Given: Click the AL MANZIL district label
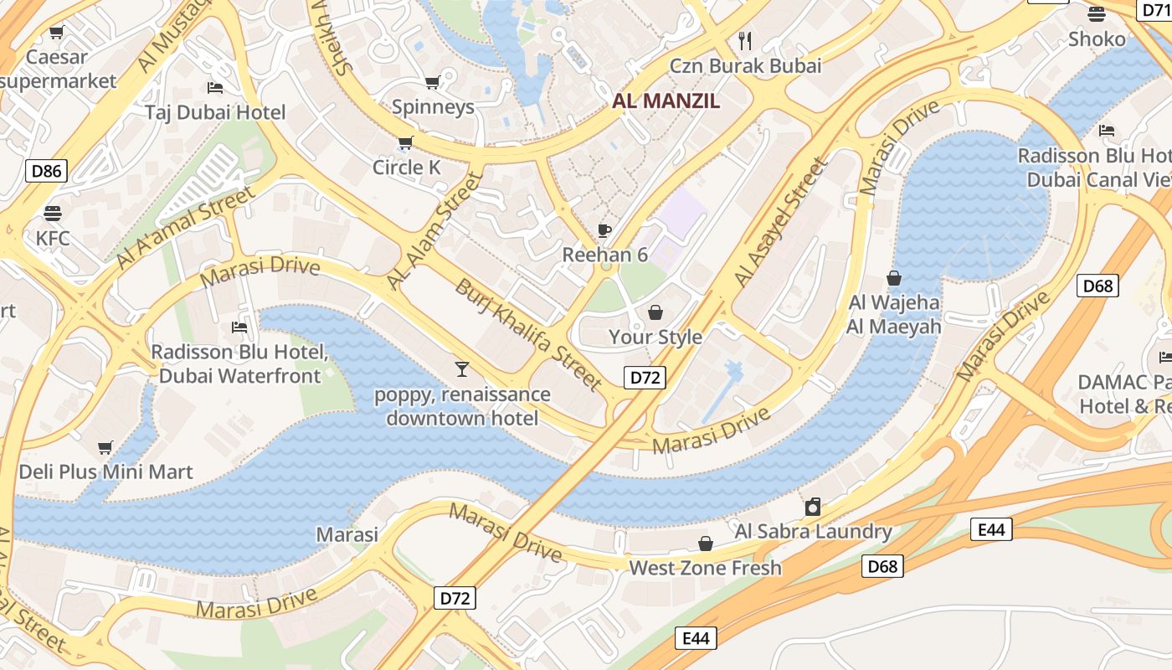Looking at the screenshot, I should pos(666,101).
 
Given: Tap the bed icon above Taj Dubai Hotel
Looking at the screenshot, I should pos(215,88).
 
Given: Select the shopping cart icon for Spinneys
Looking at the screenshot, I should pos(433,82).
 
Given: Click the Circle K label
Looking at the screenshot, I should pos(406,167).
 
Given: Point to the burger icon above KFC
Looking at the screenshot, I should pos(53,213).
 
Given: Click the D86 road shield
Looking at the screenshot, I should pos(46,172).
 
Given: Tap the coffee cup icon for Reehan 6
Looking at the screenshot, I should pos(604,230).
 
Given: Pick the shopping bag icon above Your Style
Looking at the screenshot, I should pos(655,312).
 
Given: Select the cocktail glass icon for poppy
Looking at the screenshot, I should pos(461,368).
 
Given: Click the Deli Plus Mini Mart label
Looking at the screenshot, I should pos(105,472).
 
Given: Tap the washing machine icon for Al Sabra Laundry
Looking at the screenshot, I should pos(812,507).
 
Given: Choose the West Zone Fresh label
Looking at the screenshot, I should pos(705,568).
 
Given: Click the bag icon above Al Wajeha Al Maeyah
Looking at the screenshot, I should pos(894,278).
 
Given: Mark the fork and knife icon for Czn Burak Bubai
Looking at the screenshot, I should pos(745,40).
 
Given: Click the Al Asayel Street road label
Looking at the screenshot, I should pos(780,222).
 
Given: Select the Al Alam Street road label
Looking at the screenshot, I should pos(435,231).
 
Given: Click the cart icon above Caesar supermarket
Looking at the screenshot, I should pos(56,33).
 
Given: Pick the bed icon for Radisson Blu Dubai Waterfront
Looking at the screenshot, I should pos(239,327).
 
